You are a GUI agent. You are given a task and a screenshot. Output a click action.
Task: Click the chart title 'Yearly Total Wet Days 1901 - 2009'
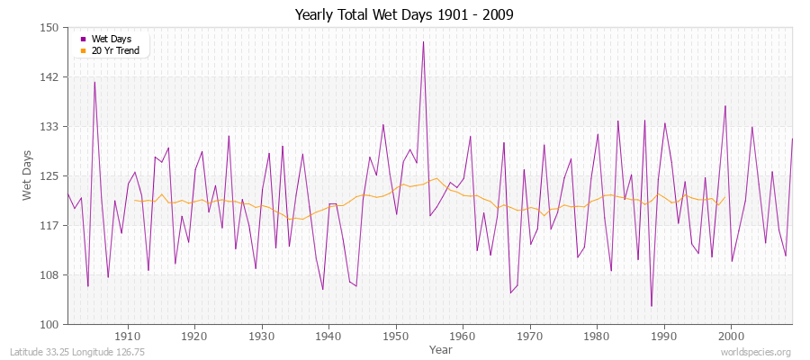[405, 15]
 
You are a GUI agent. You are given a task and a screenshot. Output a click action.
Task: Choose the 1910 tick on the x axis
[127, 336]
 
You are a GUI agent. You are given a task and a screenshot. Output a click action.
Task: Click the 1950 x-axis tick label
[395, 336]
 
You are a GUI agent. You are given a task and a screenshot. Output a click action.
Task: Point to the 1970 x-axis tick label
[529, 336]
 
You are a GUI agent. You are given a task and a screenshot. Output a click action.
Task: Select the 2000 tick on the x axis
[731, 336]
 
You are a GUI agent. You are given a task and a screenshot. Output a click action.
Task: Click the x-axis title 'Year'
[429, 348]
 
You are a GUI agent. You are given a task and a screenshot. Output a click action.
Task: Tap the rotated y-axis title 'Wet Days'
[28, 175]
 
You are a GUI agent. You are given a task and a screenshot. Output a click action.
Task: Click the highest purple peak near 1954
[423, 42]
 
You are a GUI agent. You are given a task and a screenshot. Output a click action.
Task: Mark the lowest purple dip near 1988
[651, 306]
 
